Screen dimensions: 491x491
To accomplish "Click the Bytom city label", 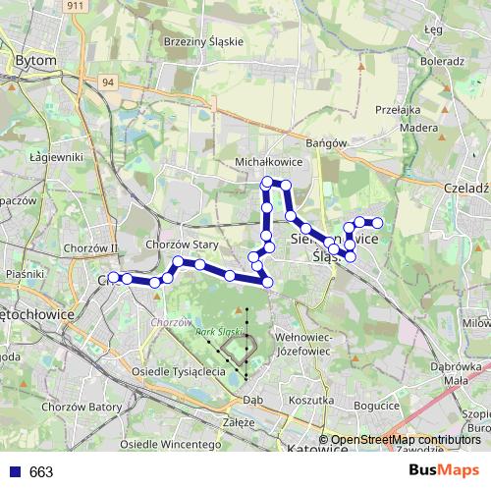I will pos(36,61).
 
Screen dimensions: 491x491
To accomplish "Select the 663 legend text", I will pos(41,472).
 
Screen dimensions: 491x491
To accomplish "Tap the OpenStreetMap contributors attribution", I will pos(405,440).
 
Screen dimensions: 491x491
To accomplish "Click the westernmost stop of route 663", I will pos(113,278).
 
